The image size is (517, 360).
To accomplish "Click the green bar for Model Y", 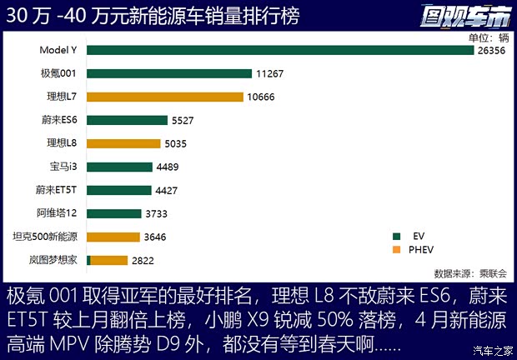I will [280, 50].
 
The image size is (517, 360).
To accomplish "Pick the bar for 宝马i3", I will [119, 167].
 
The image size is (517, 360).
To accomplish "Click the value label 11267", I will [270, 73].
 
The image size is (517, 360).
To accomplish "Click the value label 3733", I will [161, 213].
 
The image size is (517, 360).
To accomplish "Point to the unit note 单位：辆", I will [489, 37].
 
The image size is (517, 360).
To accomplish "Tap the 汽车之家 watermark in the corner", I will [490, 347].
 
